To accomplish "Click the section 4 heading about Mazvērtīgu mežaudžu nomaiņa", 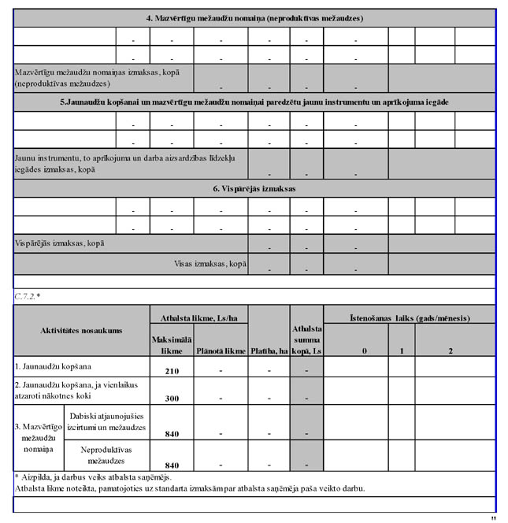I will [254, 17].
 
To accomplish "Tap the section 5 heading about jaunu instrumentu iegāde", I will [254, 102].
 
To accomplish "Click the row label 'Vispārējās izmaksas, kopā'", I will [60, 243].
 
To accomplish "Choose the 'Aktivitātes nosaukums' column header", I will [81, 331].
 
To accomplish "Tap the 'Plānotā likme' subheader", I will [221, 351].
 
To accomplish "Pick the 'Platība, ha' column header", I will [269, 351].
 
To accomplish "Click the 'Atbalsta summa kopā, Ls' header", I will [306, 339].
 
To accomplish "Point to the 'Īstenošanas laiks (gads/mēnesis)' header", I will [409, 317].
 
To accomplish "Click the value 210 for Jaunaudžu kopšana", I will [172, 370].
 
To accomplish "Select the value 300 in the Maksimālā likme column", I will [172, 399].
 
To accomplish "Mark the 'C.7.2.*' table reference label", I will [28, 296].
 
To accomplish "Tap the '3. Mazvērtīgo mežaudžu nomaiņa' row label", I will [38, 437].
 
